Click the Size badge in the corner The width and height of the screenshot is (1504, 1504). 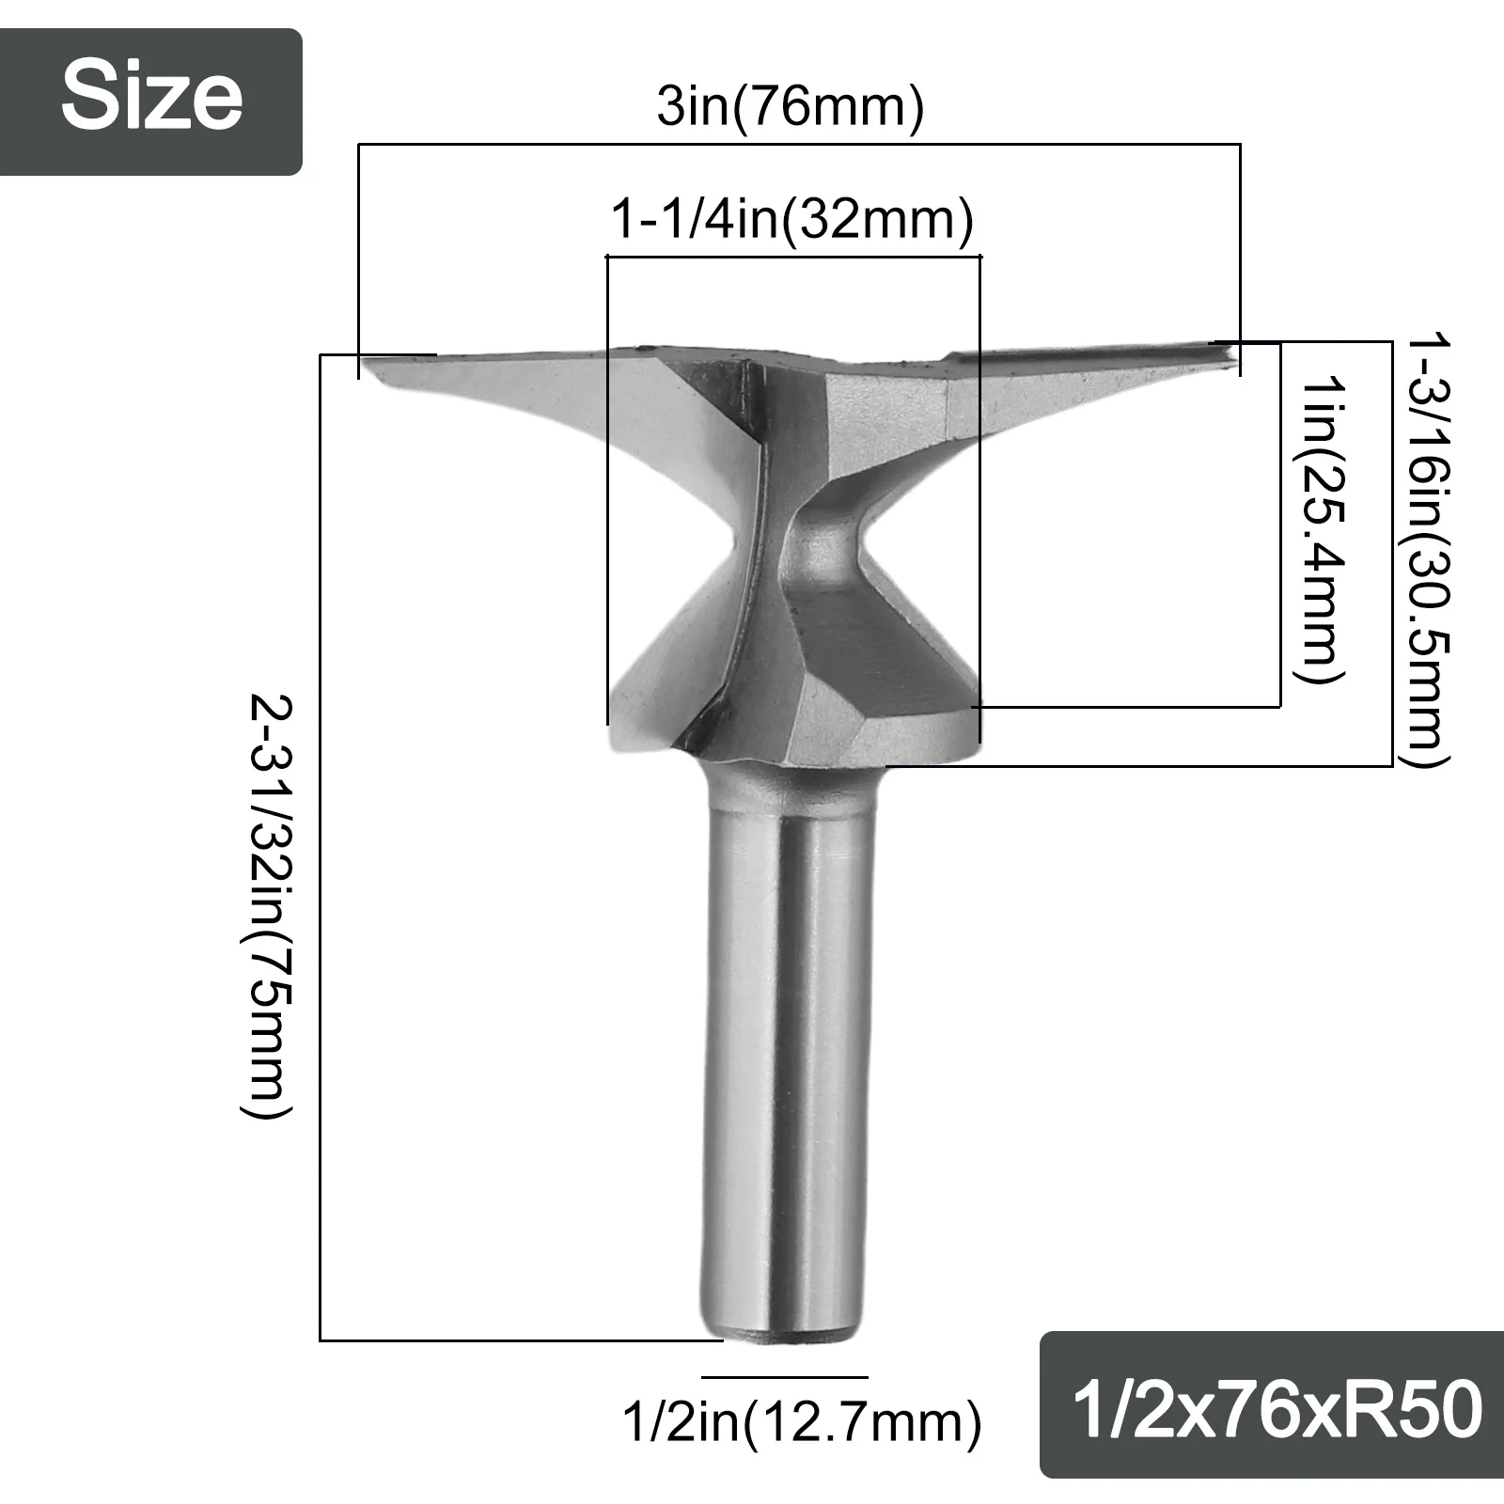[151, 102]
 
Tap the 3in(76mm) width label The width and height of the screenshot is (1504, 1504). [791, 107]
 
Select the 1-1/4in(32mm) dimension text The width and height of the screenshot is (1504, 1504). [792, 220]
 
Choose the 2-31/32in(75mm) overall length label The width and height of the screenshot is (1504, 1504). [271, 906]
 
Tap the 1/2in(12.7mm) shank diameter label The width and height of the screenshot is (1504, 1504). [802, 1422]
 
